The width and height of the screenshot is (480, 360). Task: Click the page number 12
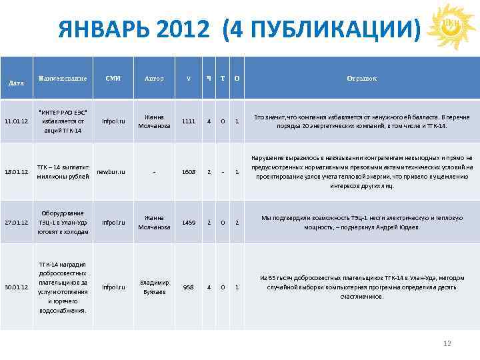pyautogui.click(x=447, y=343)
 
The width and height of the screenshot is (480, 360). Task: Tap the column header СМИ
pyautogui.click(x=113, y=79)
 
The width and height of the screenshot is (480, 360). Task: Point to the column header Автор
pyautogui.click(x=154, y=79)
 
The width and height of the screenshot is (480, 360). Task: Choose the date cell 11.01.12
pyautogui.click(x=16, y=122)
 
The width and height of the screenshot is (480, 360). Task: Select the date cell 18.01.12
pyautogui.click(x=16, y=172)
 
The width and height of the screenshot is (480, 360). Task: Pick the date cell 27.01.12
pyautogui.click(x=16, y=222)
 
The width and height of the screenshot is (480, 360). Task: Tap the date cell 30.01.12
pyautogui.click(x=16, y=287)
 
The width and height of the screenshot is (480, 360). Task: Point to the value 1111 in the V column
pyautogui.click(x=189, y=122)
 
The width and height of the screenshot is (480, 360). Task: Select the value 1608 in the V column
pyautogui.click(x=189, y=172)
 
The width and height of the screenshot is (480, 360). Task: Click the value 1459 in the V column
pyautogui.click(x=189, y=222)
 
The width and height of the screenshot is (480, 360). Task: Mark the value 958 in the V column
pyautogui.click(x=189, y=287)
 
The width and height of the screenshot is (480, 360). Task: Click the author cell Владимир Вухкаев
pyautogui.click(x=154, y=287)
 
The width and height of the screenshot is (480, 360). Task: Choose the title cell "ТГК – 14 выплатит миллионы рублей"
pyautogui.click(x=62, y=172)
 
